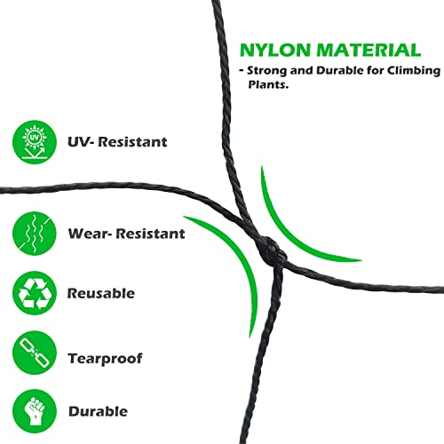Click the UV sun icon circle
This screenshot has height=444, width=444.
point(35,142)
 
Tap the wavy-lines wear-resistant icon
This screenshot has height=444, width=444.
point(35,234)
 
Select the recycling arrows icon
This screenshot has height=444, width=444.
point(35,293)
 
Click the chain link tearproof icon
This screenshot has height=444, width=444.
point(35,353)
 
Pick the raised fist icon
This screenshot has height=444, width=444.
point(35,411)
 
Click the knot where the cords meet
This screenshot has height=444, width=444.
point(272,250)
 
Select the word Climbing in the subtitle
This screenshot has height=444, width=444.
point(414,71)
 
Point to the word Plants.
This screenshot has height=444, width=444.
point(268,84)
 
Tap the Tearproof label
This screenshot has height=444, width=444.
point(106,359)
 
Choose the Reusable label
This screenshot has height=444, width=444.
point(101,293)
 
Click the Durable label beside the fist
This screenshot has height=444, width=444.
point(98,411)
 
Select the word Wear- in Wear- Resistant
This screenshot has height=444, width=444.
point(90,234)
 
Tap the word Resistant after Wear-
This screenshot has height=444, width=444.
point(150,234)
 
